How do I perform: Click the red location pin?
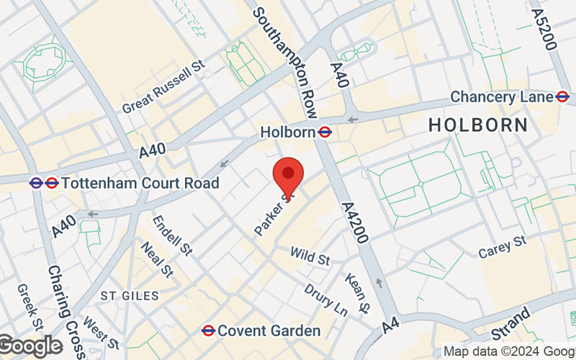(289, 175)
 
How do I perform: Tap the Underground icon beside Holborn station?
(325, 132)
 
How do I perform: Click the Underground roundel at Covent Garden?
(209, 330)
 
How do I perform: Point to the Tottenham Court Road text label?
(140, 183)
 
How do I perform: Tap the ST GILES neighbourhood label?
(128, 296)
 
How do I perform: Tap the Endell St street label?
(174, 235)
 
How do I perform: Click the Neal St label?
(158, 259)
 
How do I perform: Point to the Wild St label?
(310, 255)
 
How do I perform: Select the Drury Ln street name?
(325, 300)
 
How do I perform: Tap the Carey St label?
(503, 247)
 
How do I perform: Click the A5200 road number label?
(544, 29)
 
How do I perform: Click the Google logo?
(30, 346)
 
